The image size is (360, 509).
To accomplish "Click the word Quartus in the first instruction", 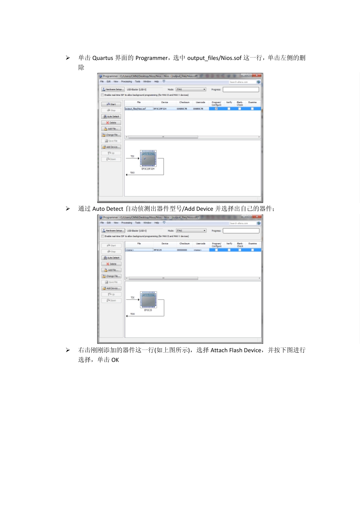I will [103, 58].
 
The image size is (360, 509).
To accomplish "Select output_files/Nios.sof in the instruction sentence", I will [214, 58].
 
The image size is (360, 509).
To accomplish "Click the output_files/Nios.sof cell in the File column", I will [136, 109].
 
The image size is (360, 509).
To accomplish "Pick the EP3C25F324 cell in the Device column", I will [160, 109].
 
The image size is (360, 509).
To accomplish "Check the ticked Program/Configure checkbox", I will [216, 109].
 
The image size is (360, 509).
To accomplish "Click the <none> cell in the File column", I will [130, 250].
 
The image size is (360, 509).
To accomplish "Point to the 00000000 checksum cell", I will [182, 250].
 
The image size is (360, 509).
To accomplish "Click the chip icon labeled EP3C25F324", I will [148, 158].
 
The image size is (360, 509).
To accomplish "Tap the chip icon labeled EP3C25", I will [148, 300].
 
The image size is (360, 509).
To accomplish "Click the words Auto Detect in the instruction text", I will [108, 209].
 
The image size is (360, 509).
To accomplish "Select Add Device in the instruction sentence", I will [199, 209].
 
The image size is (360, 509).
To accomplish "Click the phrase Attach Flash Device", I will [236, 350].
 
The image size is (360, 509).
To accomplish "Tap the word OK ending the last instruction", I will [115, 360].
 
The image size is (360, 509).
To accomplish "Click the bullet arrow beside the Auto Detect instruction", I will [68, 209].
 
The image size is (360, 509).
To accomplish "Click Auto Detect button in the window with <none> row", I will [111, 258].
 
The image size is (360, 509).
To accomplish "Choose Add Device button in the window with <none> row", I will [111, 288].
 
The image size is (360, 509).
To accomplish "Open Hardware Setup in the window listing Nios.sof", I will [113, 89].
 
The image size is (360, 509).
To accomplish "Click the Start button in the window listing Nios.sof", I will [111, 104].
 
